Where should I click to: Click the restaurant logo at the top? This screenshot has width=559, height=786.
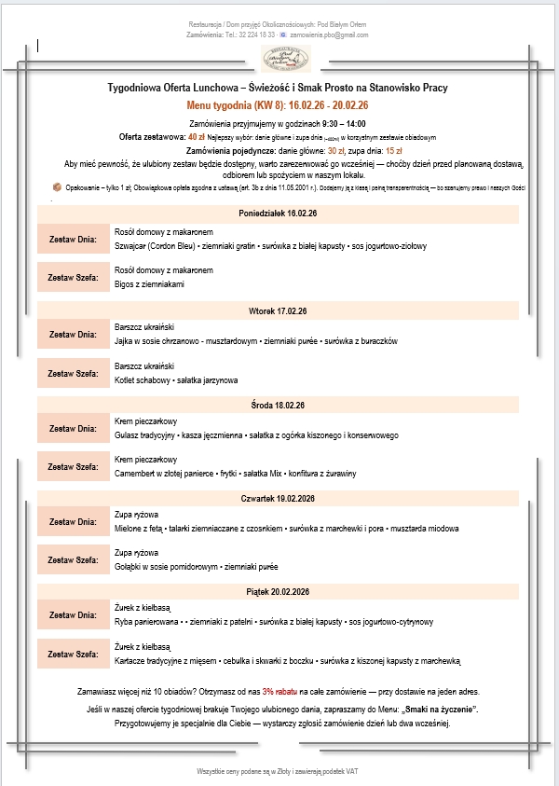286,59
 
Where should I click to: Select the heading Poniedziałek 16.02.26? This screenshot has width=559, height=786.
278,214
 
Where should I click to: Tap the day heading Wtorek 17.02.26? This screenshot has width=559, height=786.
278,310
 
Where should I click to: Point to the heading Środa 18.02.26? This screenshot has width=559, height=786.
278,405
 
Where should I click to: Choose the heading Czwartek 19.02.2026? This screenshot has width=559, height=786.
278,500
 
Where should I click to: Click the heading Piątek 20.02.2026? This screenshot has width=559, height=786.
278,592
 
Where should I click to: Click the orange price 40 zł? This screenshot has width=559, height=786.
196,136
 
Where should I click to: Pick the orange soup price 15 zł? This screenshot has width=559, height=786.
394,150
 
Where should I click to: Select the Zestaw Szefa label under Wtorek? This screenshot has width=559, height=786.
73,373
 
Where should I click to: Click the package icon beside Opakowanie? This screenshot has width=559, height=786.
57,186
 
